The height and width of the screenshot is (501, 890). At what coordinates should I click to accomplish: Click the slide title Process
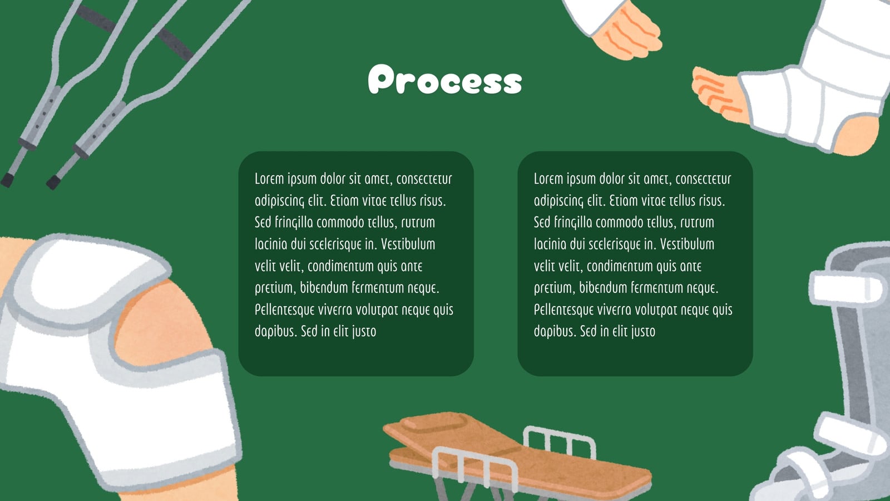[445, 79]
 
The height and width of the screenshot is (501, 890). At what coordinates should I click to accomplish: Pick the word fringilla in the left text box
[294, 223]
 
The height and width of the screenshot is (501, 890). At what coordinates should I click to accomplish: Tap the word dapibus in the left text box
[276, 331]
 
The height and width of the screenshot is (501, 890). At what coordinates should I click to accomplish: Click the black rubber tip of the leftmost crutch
[7, 180]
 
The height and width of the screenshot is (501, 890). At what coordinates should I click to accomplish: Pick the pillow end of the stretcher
[433, 425]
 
